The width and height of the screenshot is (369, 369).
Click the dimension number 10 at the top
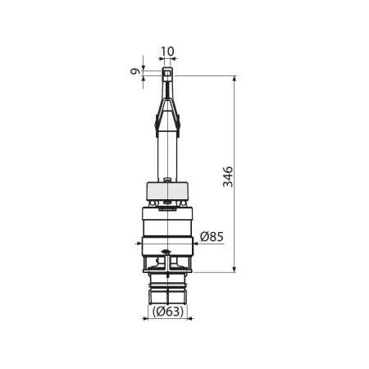[166, 52]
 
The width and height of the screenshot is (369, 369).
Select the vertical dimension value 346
[229, 176]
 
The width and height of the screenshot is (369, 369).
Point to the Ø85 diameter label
[212, 238]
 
